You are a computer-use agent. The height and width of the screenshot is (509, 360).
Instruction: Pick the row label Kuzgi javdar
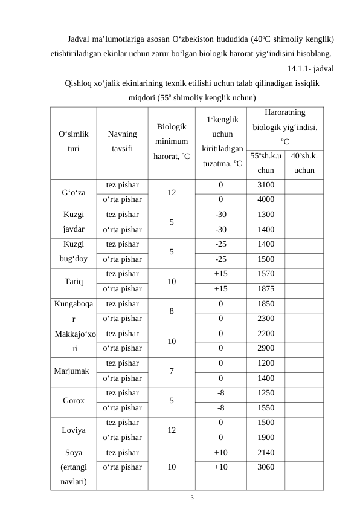72,222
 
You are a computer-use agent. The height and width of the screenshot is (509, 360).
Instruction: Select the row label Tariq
72,281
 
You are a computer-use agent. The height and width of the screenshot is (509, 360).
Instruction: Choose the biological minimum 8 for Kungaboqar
172,311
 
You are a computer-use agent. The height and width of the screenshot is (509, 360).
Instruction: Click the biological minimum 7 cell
172,370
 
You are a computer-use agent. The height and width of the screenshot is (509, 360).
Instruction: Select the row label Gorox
72,400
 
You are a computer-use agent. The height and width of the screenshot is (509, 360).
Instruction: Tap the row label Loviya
72,430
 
